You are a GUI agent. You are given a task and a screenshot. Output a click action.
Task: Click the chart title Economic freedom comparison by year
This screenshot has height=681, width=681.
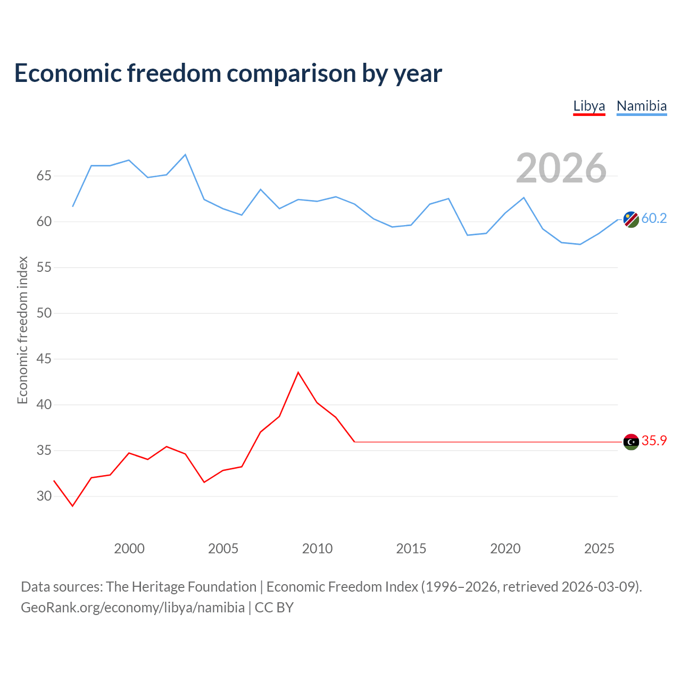pyautogui.click(x=228, y=73)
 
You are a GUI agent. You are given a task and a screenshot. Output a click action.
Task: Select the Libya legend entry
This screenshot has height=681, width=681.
pyautogui.click(x=589, y=106)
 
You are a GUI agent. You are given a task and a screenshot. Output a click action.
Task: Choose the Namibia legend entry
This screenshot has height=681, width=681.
pyautogui.click(x=642, y=106)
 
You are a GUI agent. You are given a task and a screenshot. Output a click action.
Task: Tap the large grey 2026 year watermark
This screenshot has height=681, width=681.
pyautogui.click(x=561, y=168)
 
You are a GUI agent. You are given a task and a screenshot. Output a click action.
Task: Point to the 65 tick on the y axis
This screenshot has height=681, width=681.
pyautogui.click(x=44, y=176)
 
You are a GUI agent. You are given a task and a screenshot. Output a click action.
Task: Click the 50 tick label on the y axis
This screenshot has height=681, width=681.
pyautogui.click(x=44, y=313)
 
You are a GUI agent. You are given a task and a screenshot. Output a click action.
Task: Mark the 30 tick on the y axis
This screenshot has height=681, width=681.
pyautogui.click(x=44, y=496)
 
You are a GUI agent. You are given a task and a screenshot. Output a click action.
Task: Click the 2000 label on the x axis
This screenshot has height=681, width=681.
pyautogui.click(x=129, y=549)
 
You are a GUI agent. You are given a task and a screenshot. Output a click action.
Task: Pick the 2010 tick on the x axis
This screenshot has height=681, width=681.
pyautogui.click(x=317, y=549)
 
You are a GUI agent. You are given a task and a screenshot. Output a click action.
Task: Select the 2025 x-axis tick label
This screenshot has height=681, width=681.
pyautogui.click(x=599, y=549)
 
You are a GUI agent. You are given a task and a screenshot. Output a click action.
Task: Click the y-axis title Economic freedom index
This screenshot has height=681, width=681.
pyautogui.click(x=22, y=330)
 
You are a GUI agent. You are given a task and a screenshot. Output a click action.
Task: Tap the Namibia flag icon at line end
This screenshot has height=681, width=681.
pyautogui.click(x=631, y=219)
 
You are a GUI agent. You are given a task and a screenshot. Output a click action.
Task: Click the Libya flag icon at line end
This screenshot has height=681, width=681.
pyautogui.click(x=631, y=442)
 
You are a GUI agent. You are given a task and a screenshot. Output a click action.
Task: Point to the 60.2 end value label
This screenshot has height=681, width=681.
pyautogui.click(x=654, y=219)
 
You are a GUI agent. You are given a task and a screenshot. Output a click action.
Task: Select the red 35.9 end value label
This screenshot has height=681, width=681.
pyautogui.click(x=654, y=441)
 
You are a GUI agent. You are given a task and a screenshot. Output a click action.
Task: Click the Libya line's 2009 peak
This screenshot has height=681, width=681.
pyautogui.click(x=298, y=372)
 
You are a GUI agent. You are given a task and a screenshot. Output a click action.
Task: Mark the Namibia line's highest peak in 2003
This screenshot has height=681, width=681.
pyautogui.click(x=185, y=154)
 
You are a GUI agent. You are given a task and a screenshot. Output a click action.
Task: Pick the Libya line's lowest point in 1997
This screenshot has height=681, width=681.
pyautogui.click(x=72, y=506)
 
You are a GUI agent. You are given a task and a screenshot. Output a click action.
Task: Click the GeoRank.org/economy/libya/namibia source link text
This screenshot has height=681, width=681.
pyautogui.click(x=133, y=608)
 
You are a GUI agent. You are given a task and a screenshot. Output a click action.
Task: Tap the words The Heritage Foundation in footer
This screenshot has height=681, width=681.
pyautogui.click(x=181, y=587)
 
